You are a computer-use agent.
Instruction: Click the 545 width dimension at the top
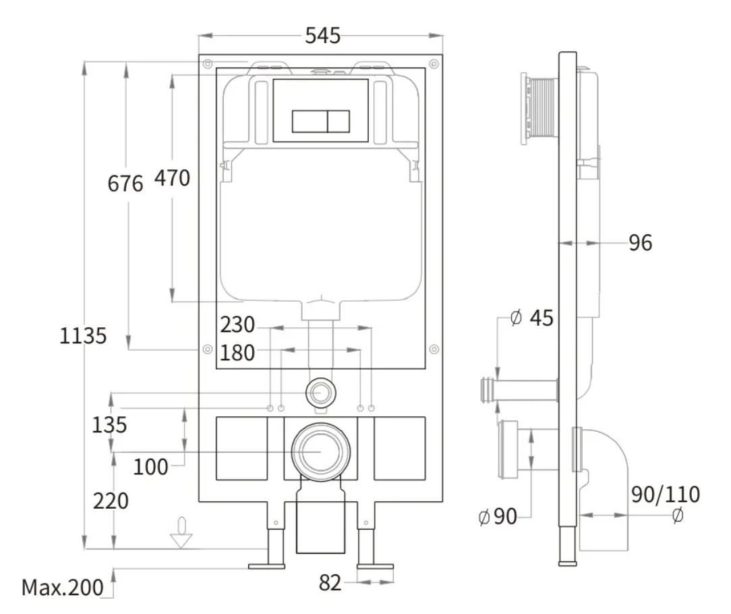322,36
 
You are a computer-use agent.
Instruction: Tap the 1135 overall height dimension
83,335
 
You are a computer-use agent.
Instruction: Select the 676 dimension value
125,184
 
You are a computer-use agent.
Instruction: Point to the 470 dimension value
172,178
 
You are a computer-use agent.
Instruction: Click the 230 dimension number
237,325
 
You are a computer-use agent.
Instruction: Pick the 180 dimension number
237,353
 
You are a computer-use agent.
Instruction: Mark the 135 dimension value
109,424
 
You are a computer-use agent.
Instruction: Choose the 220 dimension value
111,501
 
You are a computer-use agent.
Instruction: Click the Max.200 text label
63,588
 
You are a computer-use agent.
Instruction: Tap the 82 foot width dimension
330,583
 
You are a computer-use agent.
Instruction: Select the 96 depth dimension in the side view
641,243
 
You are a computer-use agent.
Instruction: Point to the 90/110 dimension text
666,494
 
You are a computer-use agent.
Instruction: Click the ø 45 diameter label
532,318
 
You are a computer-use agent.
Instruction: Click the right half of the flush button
339,121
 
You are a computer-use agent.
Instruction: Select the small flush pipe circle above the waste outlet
321,393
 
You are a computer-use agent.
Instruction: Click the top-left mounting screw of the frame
208,63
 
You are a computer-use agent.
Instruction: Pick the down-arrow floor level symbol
181,532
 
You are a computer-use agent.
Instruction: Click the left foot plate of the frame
266,566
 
